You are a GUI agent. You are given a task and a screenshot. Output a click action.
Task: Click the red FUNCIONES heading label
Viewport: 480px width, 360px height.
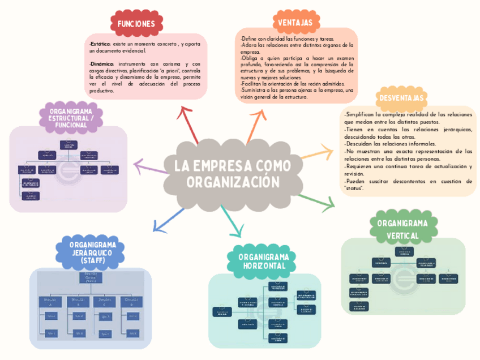click(x=136, y=24)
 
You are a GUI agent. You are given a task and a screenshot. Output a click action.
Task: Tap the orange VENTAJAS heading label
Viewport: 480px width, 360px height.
click(x=295, y=23)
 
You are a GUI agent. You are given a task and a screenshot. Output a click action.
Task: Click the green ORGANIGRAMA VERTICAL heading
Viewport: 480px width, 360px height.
click(x=402, y=228)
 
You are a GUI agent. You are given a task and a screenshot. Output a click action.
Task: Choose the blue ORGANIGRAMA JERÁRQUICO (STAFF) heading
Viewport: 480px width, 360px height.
click(x=89, y=252)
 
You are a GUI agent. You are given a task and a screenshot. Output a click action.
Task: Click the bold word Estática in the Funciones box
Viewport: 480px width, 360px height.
click(x=101, y=44)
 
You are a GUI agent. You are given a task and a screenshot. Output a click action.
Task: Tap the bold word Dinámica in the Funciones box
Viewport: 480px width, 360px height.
click(x=102, y=64)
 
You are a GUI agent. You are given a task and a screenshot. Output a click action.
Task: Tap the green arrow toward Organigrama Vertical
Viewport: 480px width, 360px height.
click(x=316, y=200)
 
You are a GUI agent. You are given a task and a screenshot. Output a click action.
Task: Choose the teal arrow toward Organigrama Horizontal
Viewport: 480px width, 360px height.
click(x=231, y=222)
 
